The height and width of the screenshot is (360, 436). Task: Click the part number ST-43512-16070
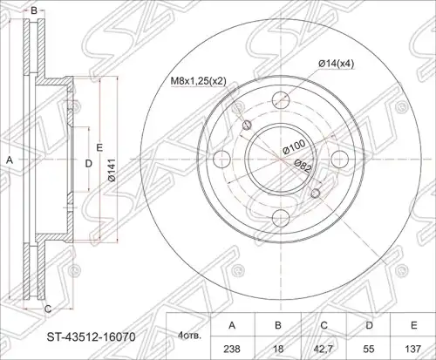91,337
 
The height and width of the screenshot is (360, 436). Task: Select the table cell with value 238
232,349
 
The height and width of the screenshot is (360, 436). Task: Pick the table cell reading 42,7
324,349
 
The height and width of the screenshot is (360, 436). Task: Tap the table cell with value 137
414,349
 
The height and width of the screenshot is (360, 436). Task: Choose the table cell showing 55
369,349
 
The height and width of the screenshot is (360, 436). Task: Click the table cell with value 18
278,349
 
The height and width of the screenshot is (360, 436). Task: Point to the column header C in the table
324,325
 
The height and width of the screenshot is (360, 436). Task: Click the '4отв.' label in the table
189,336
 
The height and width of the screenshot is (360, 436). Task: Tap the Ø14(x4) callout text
337,64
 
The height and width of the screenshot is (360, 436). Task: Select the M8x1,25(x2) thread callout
198,81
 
